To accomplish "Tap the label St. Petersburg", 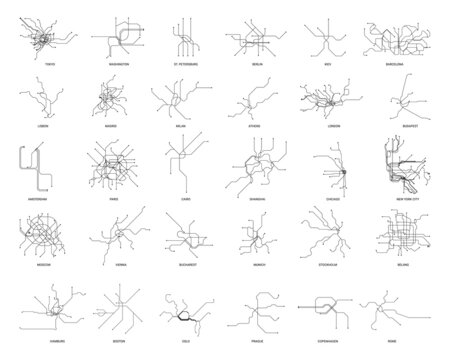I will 181,64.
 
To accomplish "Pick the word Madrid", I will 112,128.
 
